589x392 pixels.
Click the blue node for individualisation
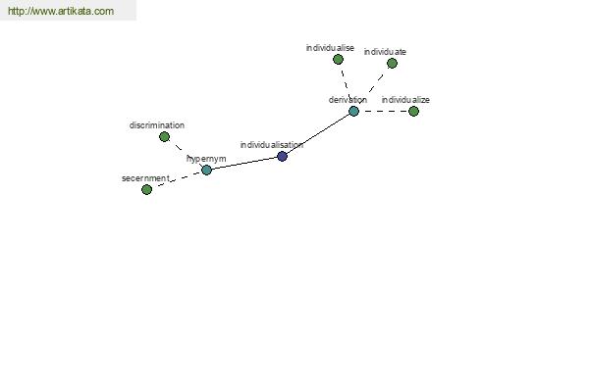coord(282,157)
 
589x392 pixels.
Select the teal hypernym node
coord(206,171)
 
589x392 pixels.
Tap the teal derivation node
coord(353,111)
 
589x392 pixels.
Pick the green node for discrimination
coord(164,137)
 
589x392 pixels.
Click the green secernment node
coord(146,189)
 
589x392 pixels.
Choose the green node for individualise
coord(338,59)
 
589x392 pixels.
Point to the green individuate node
coord(392,64)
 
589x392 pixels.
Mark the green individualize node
coord(413,111)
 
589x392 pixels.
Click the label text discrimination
coord(157,125)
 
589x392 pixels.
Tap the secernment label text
coord(145,178)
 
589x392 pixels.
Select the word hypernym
coord(206,159)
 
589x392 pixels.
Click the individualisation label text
coord(271,145)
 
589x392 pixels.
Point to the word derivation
coord(348,100)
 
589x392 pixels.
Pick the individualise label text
coord(330,48)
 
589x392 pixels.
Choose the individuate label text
coord(385,52)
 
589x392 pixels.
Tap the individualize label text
coord(405,100)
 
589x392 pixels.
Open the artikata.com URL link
coord(61,11)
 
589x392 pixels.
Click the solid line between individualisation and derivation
coord(318,133)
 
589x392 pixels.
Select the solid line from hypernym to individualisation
coord(244,164)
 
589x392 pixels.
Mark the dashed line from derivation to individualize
coord(384,111)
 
